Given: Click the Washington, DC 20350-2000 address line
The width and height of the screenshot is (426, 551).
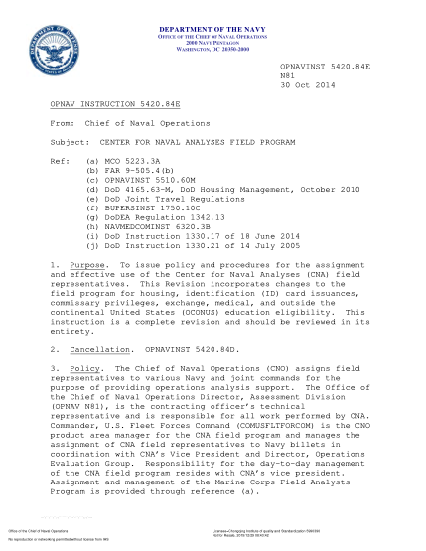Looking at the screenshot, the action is pos(213,50).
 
